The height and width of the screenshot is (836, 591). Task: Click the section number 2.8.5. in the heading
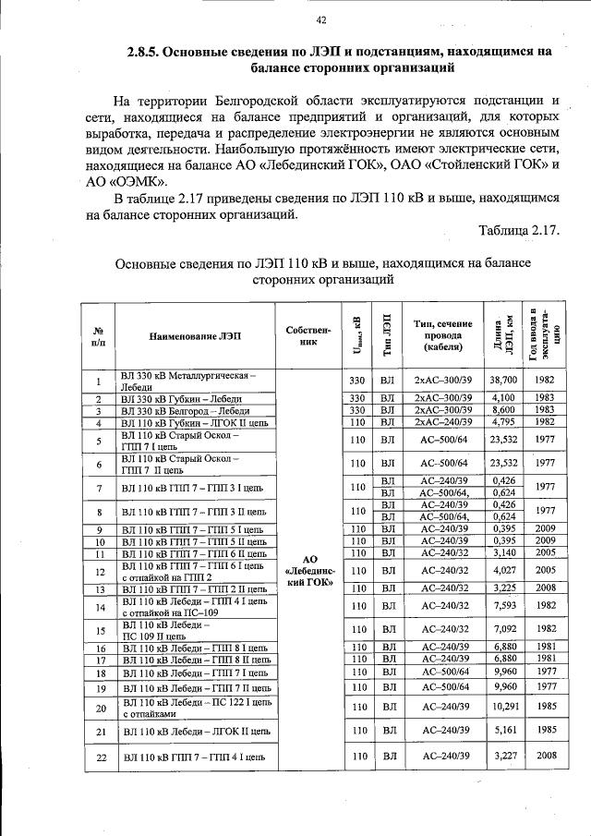tap(151, 52)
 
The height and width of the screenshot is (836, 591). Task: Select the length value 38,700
tap(503, 381)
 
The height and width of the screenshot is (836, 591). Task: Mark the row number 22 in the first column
tap(98, 757)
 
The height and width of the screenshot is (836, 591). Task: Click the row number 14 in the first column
tap(98, 606)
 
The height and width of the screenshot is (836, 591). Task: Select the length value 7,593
tap(503, 606)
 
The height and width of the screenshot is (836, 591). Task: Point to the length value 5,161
tap(503, 731)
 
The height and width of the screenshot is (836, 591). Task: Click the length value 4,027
tap(503, 571)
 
